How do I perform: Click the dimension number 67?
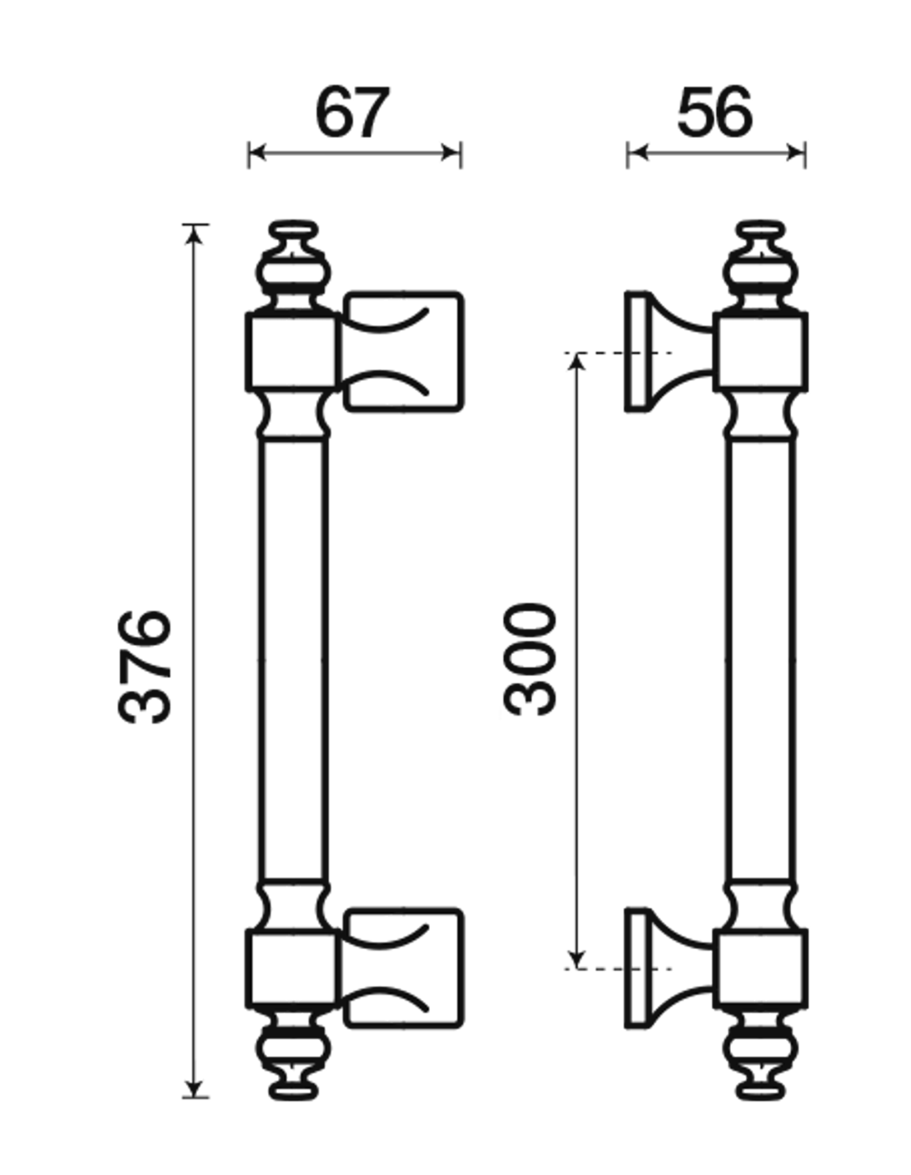(x=352, y=112)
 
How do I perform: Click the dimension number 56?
(x=714, y=112)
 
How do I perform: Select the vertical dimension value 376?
(x=145, y=667)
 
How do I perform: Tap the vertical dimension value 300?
(x=529, y=659)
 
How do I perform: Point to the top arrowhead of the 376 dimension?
(x=194, y=235)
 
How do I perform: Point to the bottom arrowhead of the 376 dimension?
(x=194, y=1088)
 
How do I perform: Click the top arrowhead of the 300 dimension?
(x=578, y=363)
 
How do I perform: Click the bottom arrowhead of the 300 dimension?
(x=578, y=959)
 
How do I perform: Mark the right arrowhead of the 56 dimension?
(x=795, y=153)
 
